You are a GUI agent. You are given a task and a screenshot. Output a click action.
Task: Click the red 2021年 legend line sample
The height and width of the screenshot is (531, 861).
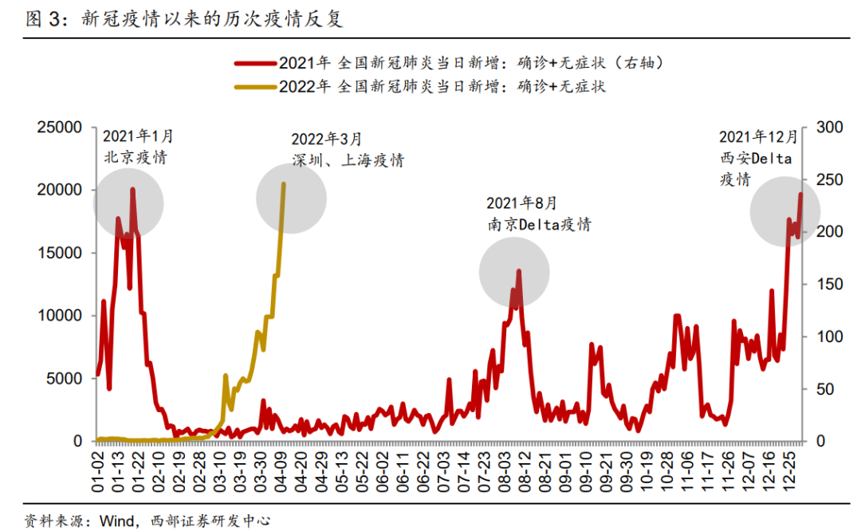point(254,63)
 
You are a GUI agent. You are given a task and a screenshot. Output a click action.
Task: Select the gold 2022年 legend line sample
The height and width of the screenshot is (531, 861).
point(254,86)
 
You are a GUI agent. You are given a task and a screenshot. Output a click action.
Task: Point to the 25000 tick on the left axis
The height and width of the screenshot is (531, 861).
point(61,128)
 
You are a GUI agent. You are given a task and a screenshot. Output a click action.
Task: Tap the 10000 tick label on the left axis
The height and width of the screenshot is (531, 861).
point(61,316)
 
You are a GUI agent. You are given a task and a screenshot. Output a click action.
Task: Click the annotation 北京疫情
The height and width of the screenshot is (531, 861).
point(136,156)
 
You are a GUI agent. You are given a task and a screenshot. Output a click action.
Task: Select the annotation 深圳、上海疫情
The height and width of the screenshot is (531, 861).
point(348,160)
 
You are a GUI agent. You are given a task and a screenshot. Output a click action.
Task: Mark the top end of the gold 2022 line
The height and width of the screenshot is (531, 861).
point(285,183)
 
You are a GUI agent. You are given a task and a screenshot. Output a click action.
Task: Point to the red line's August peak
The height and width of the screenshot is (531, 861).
point(519,271)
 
